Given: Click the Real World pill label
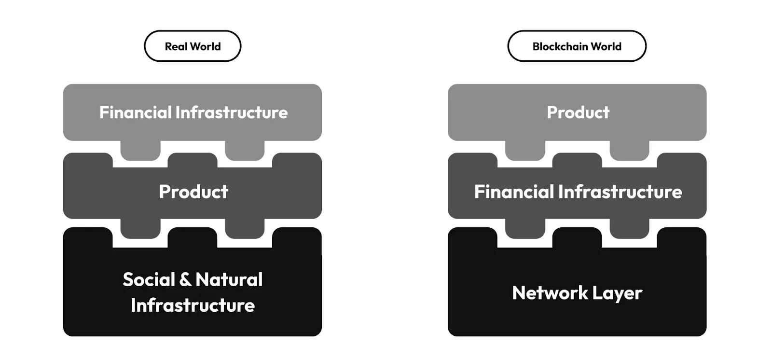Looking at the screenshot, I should pos(193,46).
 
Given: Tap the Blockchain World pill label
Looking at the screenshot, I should pos(577,46).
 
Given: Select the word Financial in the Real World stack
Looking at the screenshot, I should pos(135,112).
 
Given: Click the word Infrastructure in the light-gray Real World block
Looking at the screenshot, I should pos(232,112).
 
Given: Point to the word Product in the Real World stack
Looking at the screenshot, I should pos(193,192).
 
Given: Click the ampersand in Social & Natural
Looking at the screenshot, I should pos(185,279).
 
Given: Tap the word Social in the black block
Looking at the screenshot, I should pos(149,279).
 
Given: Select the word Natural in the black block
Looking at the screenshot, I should pos(229,279).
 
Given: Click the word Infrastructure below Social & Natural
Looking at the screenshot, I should pos(193,305).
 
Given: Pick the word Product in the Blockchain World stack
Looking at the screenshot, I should pos(578,112).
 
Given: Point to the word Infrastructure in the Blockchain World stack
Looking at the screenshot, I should pos(620,192).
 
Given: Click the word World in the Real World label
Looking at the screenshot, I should pos(206,46).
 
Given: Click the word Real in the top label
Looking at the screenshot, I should pos(176,46).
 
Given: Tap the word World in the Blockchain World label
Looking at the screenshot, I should pos(606,46).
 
